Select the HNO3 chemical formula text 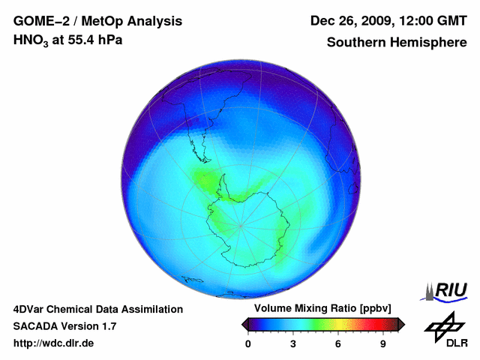coord(32,40)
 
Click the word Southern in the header coord(354,42)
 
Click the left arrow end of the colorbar coord(245,324)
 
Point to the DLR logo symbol coord(445,326)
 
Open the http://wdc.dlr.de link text coord(54,343)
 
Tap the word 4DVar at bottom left coord(31,309)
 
